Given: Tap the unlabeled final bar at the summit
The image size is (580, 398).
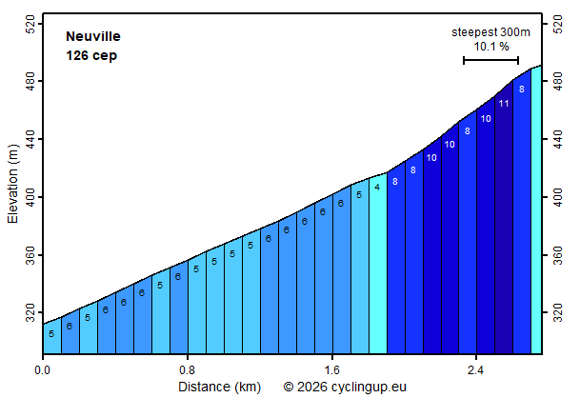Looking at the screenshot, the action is click(x=536, y=210).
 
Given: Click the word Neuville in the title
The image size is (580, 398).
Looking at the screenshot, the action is click(x=93, y=36).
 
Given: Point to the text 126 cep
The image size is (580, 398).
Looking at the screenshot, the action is click(x=91, y=55).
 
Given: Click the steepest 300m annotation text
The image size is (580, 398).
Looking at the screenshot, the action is click(x=490, y=32).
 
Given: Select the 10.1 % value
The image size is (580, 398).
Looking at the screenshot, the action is click(x=491, y=47).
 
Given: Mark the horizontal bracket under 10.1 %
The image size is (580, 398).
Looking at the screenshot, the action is click(x=490, y=60).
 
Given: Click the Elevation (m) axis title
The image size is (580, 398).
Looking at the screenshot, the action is click(x=12, y=184).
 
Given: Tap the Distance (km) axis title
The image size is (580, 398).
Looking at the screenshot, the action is click(x=219, y=387).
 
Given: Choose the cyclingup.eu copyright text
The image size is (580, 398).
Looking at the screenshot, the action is click(x=345, y=387).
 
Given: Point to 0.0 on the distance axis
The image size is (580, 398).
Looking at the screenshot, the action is click(x=43, y=370).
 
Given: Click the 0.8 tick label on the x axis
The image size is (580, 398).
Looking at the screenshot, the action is click(x=188, y=370).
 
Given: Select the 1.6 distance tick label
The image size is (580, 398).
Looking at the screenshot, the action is click(x=331, y=370).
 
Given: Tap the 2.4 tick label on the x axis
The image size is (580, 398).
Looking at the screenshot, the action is click(x=475, y=370).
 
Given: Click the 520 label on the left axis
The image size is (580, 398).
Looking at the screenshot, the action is click(x=30, y=24).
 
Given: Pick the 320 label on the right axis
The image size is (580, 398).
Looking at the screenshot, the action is click(x=558, y=313).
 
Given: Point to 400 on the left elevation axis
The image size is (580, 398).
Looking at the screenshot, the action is click(x=30, y=197).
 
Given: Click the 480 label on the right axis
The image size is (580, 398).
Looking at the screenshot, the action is click(x=558, y=81).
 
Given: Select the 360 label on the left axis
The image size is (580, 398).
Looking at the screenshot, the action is click(x=30, y=255).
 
